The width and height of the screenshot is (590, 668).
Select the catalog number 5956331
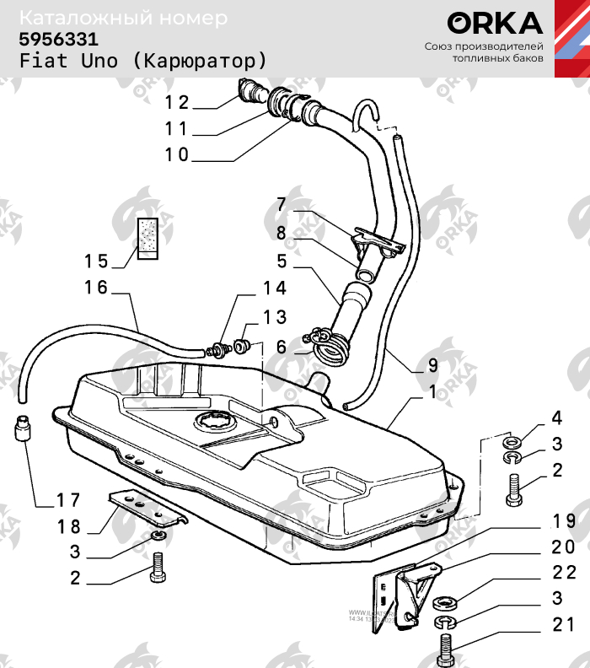point(59,39)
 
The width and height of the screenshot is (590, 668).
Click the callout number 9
point(432,365)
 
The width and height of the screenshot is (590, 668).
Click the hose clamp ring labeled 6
point(328,345)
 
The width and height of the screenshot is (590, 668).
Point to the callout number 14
point(275,288)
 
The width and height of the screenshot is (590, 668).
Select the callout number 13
point(275,317)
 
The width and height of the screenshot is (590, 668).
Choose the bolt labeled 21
point(446,651)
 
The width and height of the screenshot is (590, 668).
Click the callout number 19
point(564,520)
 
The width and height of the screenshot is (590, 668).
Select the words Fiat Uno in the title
point(71,62)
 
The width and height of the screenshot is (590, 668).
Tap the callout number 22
point(565,574)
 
